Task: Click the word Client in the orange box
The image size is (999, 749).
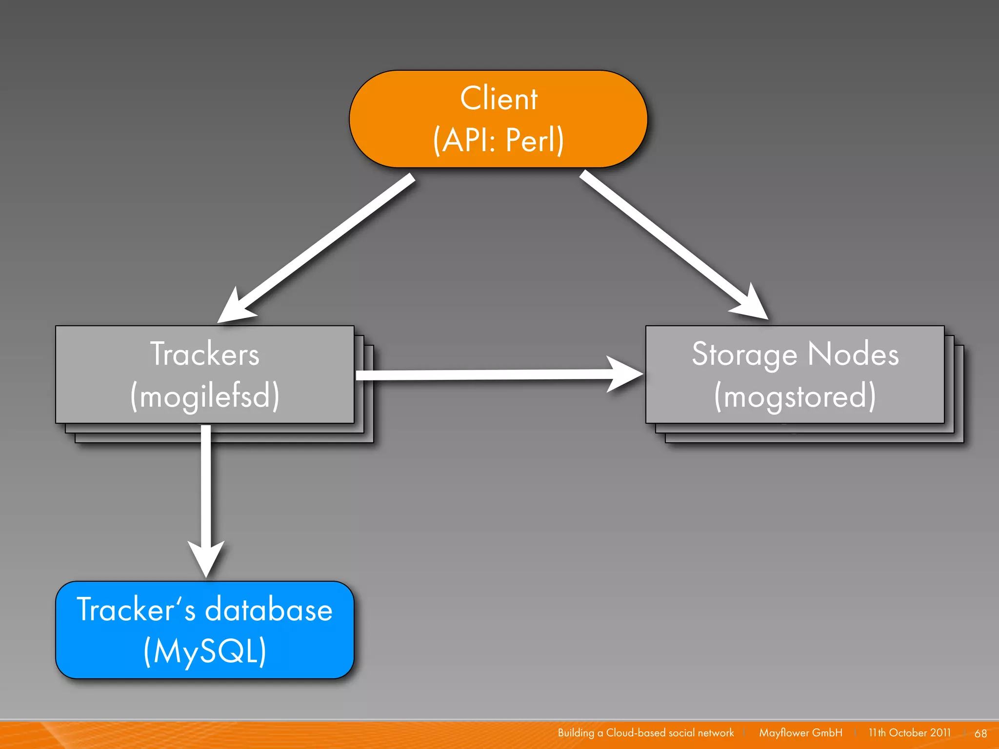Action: [499, 99]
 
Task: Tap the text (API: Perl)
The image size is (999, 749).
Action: [499, 140]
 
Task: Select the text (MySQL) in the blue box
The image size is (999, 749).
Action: [205, 651]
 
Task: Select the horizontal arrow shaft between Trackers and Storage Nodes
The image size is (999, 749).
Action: [483, 374]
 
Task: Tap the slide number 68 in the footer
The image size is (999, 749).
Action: [980, 733]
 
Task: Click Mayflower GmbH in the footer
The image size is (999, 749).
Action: [800, 733]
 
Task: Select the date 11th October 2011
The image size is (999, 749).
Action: [909, 733]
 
